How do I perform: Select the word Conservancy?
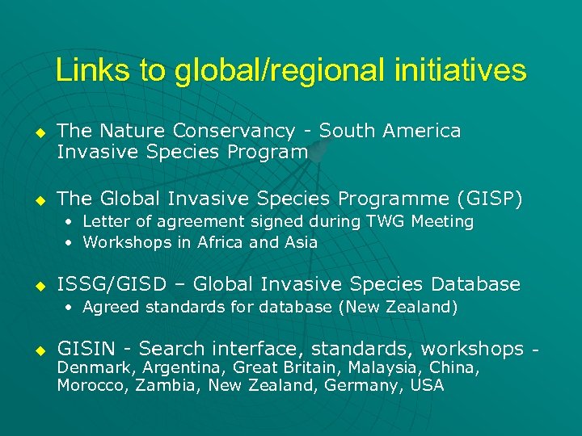(x=235, y=131)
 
